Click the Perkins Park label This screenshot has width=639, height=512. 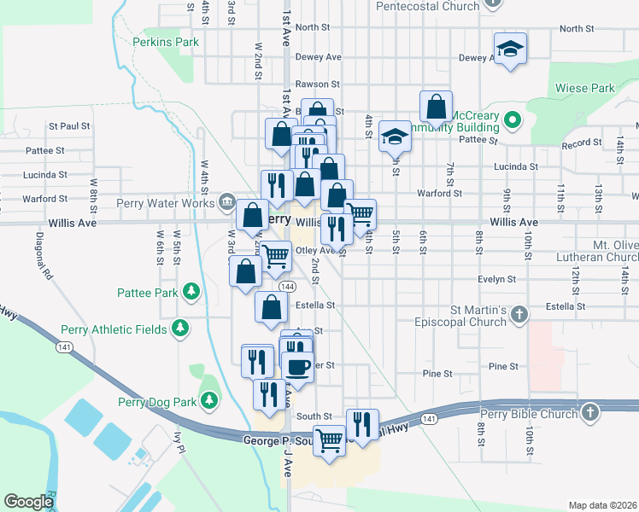(x=166, y=41)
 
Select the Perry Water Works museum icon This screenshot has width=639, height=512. (x=227, y=201)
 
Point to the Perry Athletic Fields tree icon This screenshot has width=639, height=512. (x=179, y=329)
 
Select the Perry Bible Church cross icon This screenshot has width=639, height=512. (x=589, y=413)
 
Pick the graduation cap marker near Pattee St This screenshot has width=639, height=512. (x=395, y=134)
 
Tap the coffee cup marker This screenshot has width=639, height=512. (x=298, y=366)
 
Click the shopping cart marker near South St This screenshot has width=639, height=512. (x=329, y=439)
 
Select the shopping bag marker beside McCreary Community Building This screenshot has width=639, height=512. (x=436, y=107)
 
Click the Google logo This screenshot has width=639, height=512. (x=28, y=501)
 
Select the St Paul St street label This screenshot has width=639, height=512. (x=69, y=125)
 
